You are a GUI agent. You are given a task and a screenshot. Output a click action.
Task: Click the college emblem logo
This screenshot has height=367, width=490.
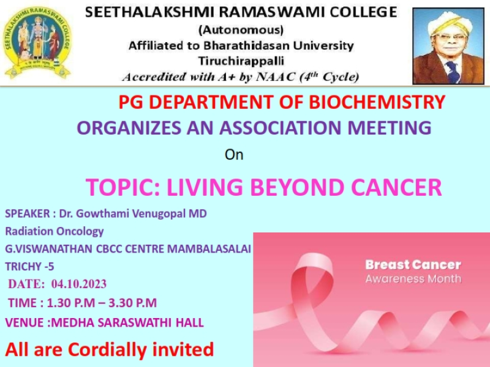[37, 43]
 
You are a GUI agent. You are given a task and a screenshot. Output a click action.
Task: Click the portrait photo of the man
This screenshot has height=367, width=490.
[448, 46]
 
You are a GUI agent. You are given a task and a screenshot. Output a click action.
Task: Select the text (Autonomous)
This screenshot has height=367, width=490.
[241, 30]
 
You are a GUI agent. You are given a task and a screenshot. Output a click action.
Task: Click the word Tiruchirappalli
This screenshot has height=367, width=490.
[241, 61]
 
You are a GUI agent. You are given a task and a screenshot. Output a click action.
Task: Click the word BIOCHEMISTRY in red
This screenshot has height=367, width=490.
[377, 102]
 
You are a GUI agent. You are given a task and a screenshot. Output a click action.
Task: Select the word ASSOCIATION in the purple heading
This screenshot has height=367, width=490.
[280, 128]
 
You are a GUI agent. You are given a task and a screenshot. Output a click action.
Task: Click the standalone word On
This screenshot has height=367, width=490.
[234, 155]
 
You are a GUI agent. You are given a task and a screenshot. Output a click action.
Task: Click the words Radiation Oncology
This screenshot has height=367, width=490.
[55, 231]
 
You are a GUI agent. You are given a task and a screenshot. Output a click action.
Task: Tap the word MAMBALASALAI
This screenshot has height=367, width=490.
[209, 249]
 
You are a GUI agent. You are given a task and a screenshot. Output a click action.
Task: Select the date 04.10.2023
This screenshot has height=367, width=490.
[79, 284]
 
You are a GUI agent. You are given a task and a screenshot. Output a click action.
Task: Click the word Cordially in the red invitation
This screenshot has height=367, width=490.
[108, 349]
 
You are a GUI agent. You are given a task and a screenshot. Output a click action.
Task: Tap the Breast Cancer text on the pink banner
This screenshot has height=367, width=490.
[413, 265]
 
